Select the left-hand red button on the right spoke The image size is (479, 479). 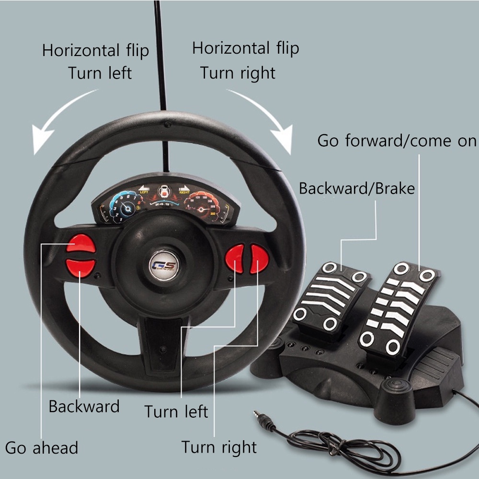[235, 258]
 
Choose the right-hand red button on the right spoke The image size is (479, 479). [259, 258]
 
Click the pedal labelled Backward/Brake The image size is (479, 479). [331, 297]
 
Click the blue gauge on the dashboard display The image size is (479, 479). [125, 207]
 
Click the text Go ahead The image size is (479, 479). [42, 448]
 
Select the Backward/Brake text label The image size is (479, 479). [357, 188]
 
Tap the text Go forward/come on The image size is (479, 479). [397, 141]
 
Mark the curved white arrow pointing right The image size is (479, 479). [266, 115]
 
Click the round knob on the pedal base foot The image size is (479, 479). [396, 386]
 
